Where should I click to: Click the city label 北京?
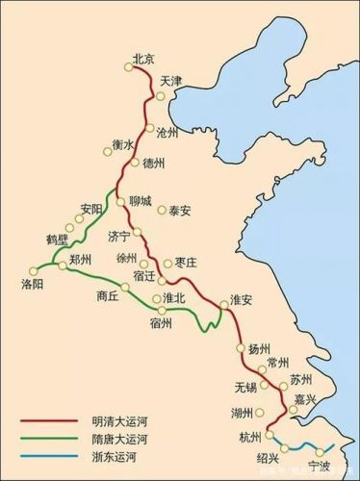pyautogui.click(x=142, y=57)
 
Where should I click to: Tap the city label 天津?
pyautogui.click(x=171, y=80)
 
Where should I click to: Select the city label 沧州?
pyautogui.click(x=167, y=132)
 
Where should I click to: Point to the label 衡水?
pyautogui.click(x=122, y=144)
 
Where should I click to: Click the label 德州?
pyautogui.click(x=154, y=164)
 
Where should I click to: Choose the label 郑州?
pyautogui.click(x=81, y=260)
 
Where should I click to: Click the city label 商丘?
pyautogui.click(x=108, y=295)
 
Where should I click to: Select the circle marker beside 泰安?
pyautogui.click(x=162, y=209)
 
